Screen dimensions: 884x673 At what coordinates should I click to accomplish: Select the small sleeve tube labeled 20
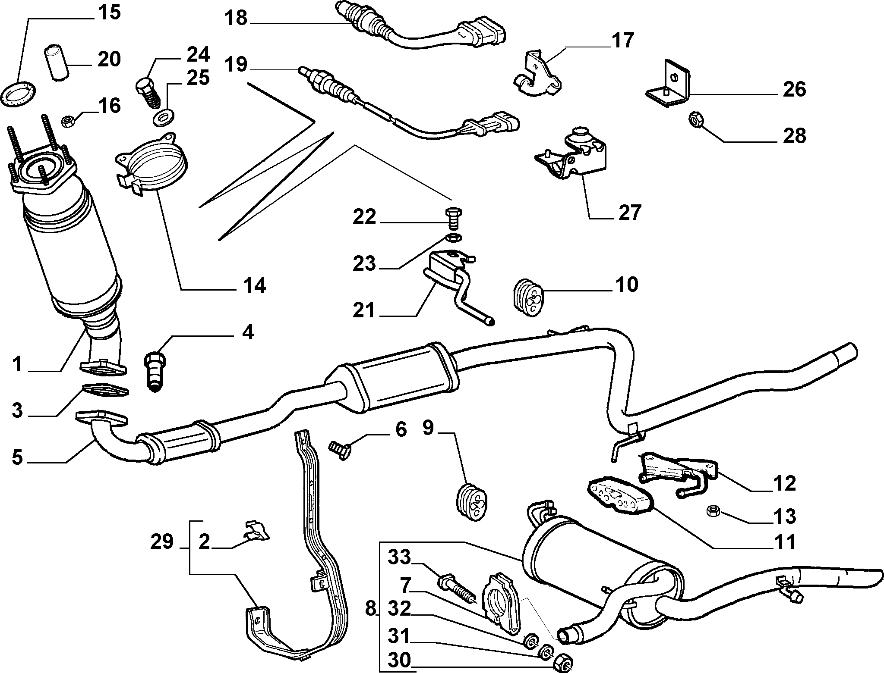click(x=55, y=64)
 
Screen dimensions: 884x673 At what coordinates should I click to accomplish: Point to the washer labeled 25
click(x=164, y=117)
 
